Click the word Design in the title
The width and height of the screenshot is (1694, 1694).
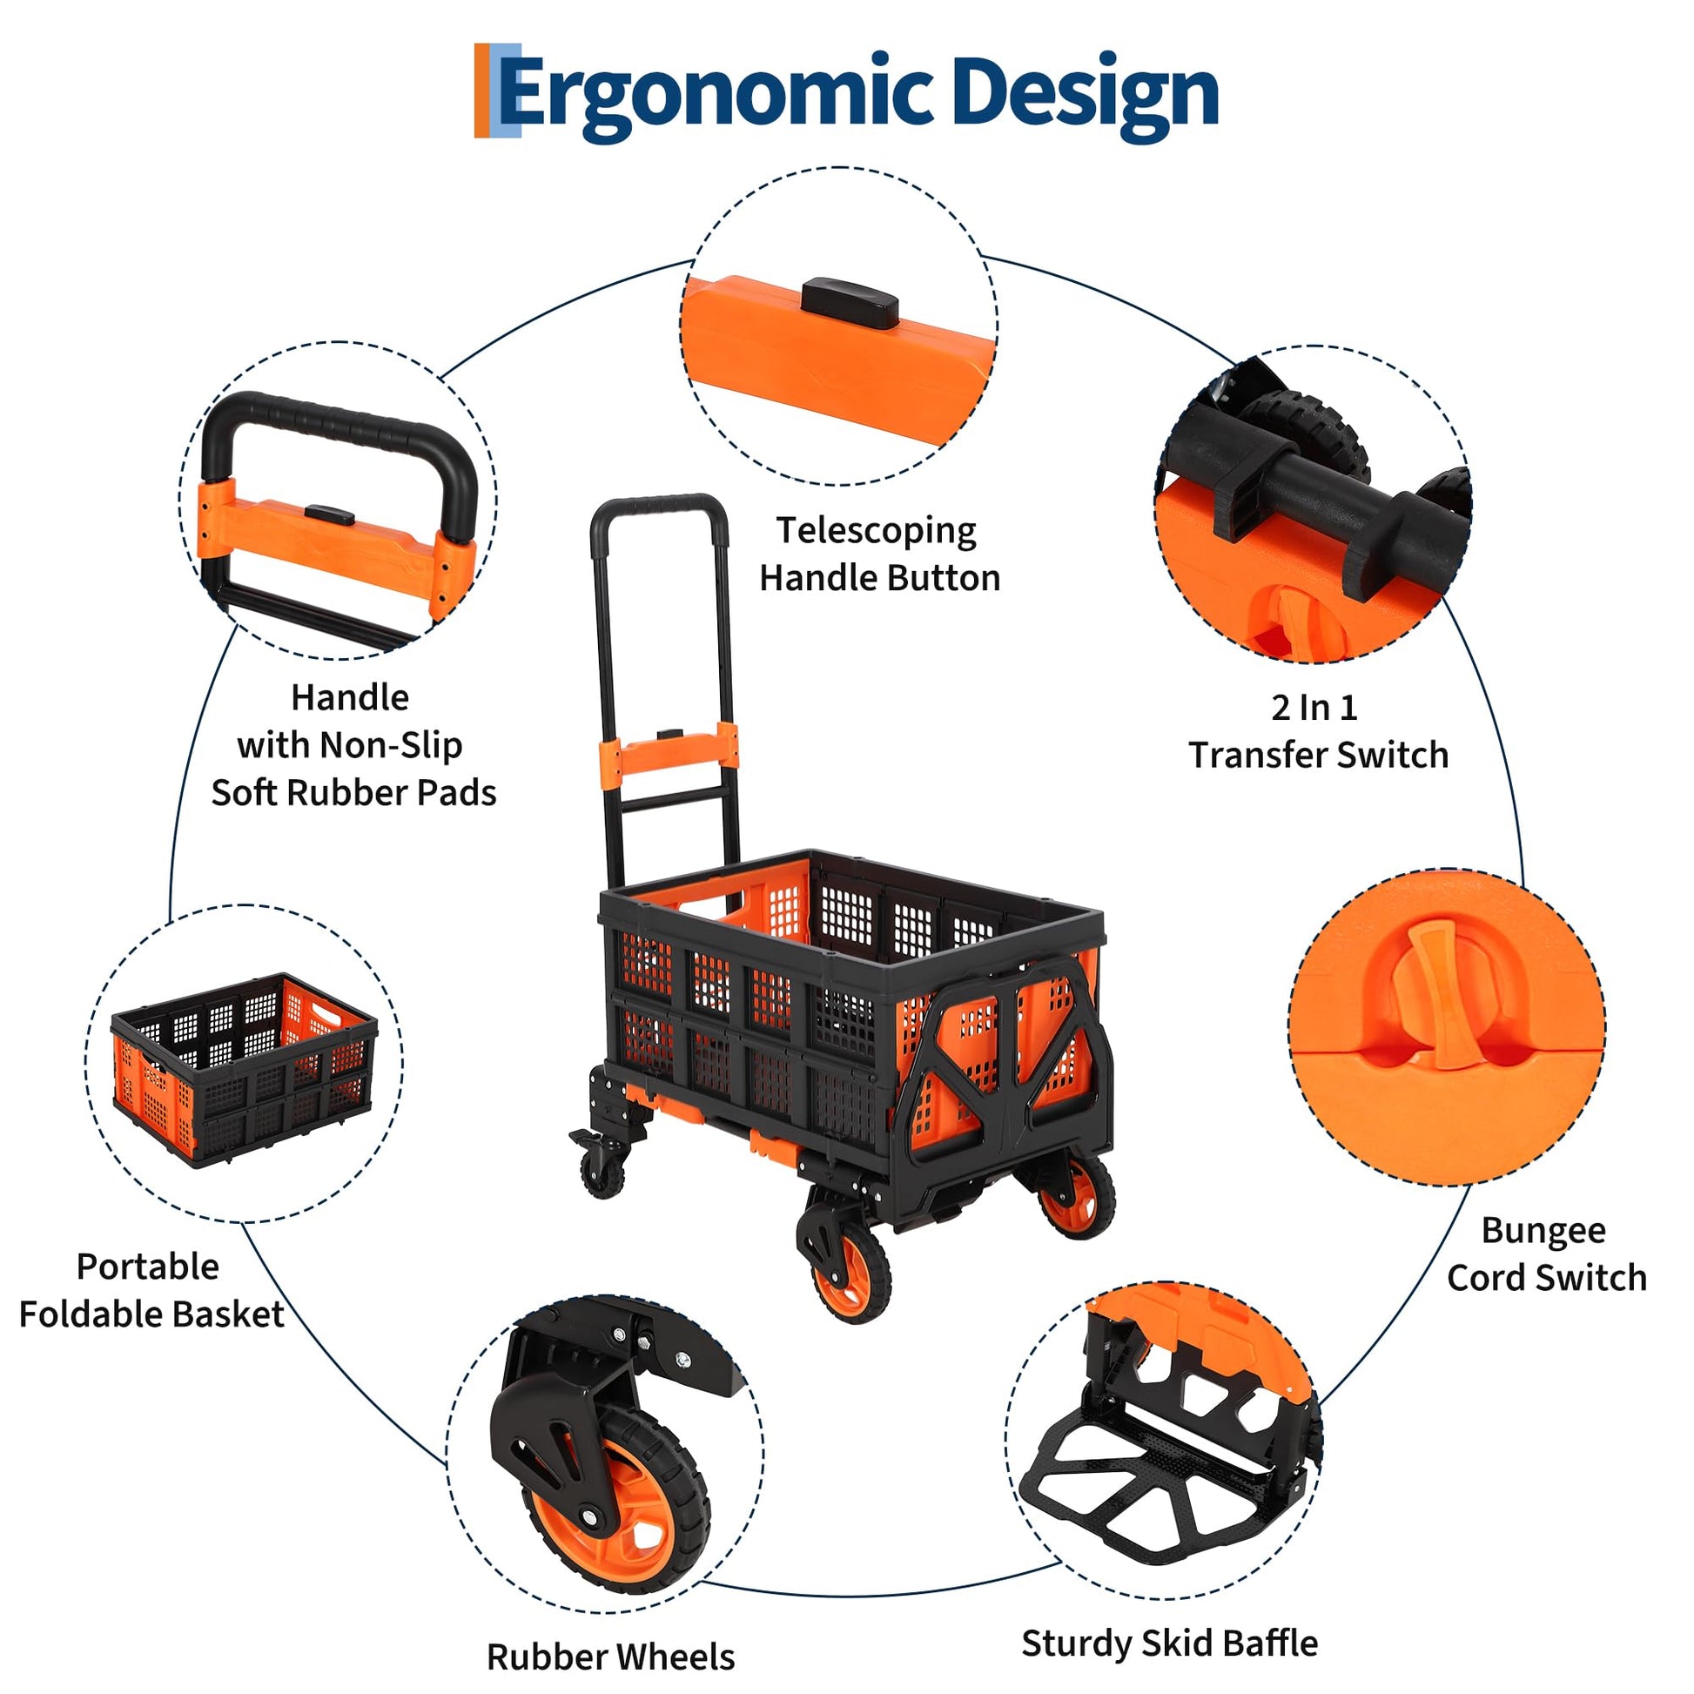tap(1084, 95)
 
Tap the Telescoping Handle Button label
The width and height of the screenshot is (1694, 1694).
tap(878, 555)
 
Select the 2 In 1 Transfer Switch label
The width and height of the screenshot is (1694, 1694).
tap(1317, 731)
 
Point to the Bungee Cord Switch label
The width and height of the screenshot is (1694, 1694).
tap(1546, 1254)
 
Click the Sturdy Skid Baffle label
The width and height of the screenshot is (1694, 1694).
tap(1169, 1643)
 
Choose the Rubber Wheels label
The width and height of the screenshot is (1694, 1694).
tap(610, 1657)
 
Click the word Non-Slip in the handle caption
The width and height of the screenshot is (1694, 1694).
tap(390, 745)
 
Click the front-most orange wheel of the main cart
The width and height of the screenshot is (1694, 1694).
tap(849, 1281)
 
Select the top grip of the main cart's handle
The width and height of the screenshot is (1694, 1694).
tap(657, 506)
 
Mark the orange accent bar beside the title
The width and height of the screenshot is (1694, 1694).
tap(481, 91)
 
